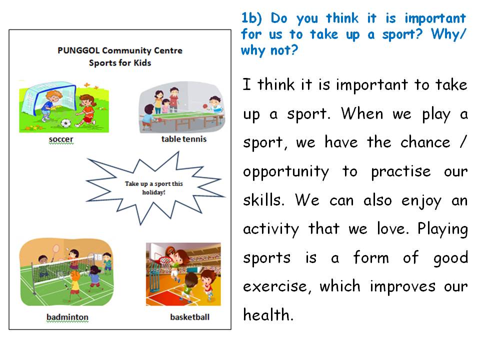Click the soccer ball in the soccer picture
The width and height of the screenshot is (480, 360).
[65, 122]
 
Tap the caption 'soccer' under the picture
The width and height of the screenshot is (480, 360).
[61, 139]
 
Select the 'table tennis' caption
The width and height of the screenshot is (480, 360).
[183, 139]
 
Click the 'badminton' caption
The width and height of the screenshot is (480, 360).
[67, 317]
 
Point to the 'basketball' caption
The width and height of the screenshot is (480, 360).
[189, 317]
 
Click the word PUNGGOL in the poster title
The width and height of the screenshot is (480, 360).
[76, 50]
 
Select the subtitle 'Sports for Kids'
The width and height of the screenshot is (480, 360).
[120, 63]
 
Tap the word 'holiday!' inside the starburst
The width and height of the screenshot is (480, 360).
[153, 192]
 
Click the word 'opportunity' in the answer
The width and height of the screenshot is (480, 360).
[286, 172]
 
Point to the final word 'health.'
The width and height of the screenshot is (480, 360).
[267, 315]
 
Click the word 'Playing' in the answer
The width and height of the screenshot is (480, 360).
[442, 229]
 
